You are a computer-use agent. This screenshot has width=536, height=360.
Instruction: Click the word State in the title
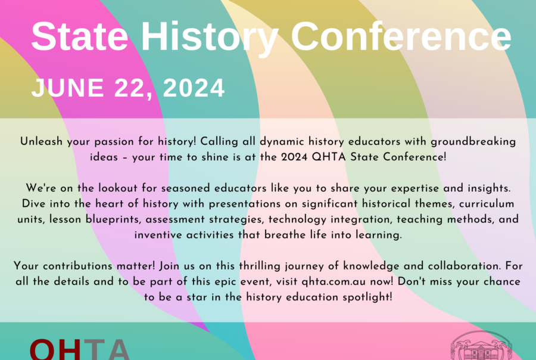tap(80, 36)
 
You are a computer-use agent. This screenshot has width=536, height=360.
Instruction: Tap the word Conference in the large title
tap(401, 36)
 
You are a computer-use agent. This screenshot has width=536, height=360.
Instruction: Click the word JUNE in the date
tap(68, 88)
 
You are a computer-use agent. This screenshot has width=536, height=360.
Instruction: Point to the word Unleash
tap(41, 141)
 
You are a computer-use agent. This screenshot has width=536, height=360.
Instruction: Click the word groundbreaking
tap(473, 142)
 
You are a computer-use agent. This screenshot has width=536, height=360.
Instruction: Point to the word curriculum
tap(487, 204)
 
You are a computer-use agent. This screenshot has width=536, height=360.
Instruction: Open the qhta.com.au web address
tap(334, 282)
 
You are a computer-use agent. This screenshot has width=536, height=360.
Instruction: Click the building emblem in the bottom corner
tap(481, 346)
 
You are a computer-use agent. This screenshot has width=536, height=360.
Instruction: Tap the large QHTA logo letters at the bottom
tap(79, 349)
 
